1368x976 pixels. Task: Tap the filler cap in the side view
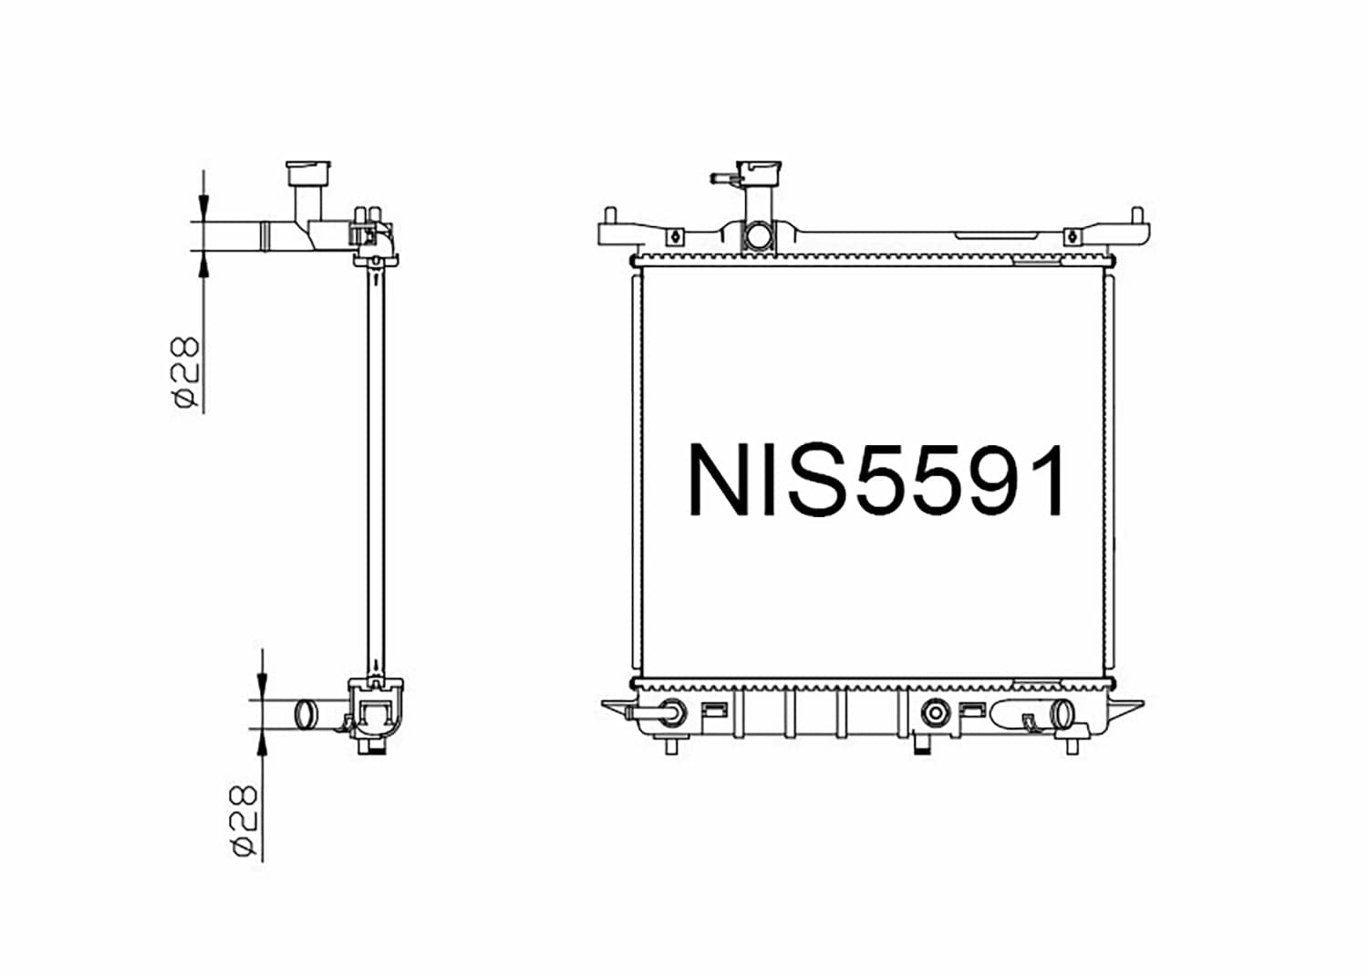click(307, 173)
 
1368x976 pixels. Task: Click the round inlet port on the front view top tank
click(758, 236)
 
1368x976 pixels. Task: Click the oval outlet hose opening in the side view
click(305, 712)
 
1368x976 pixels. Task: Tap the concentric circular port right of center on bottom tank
click(935, 712)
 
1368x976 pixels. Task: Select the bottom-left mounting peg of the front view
click(671, 747)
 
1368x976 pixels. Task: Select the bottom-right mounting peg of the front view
click(1073, 747)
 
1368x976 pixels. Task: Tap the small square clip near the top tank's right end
click(1073, 237)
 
